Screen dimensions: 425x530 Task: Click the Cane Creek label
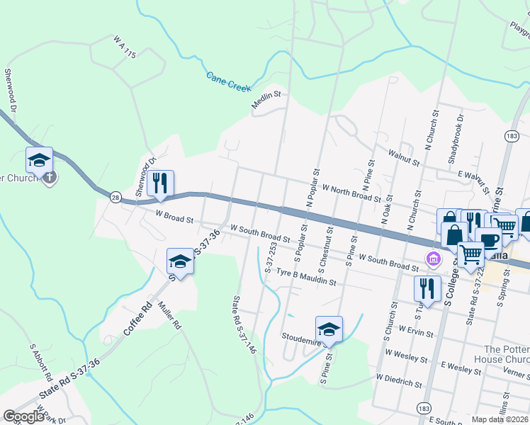point(229,81)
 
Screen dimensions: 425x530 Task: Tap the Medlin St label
point(266,101)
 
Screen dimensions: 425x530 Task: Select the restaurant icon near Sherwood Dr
point(160,184)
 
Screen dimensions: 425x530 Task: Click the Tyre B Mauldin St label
point(305,277)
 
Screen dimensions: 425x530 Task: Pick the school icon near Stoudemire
point(329,329)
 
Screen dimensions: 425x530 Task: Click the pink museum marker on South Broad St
point(432,260)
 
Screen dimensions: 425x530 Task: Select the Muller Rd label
point(170,317)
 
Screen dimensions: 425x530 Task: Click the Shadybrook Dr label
point(456,139)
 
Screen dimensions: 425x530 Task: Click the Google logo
point(24,416)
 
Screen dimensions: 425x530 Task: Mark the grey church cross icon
point(48,176)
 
